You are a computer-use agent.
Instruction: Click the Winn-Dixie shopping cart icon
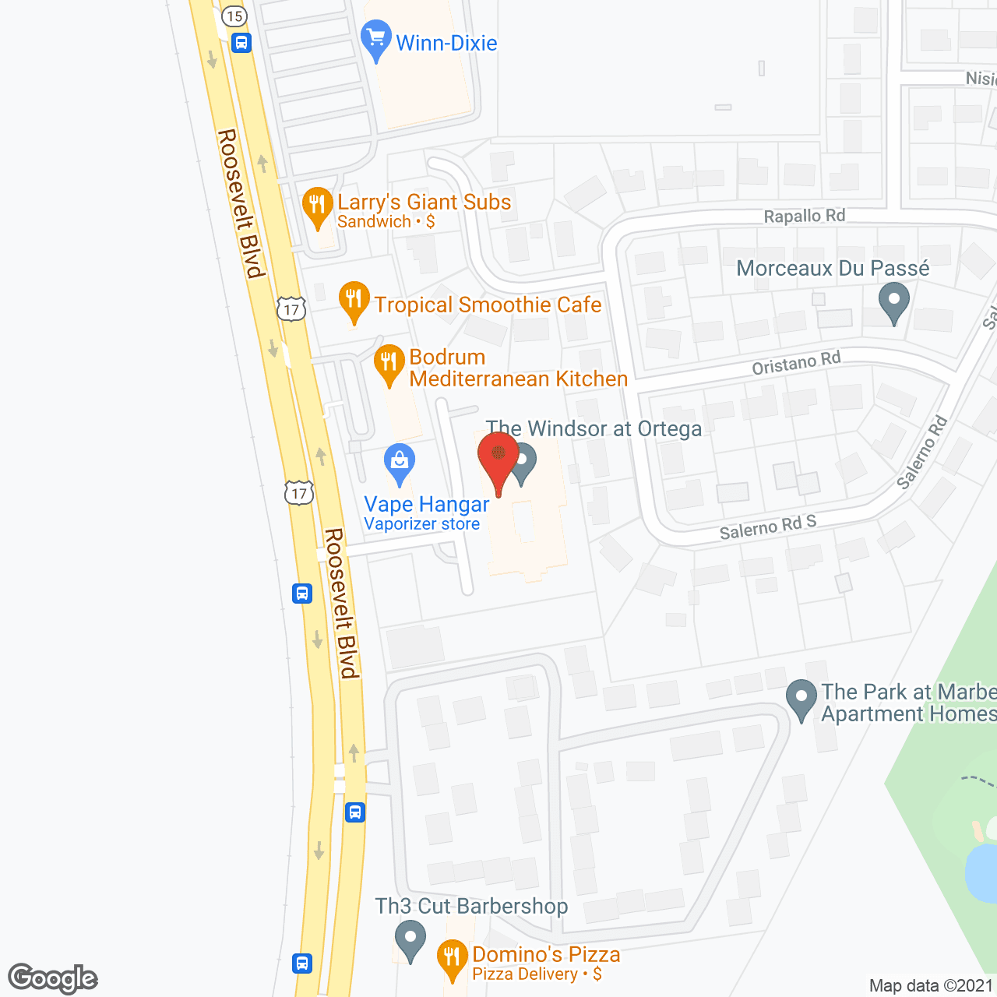pyautogui.click(x=376, y=38)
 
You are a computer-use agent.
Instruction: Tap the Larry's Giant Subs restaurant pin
pyautogui.click(x=317, y=206)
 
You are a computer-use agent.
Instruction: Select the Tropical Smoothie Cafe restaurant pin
pyautogui.click(x=354, y=300)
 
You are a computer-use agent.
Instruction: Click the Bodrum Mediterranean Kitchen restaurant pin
pyautogui.click(x=389, y=364)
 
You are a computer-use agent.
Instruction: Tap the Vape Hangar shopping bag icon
pyautogui.click(x=400, y=463)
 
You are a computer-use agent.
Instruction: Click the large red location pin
pyautogui.click(x=498, y=460)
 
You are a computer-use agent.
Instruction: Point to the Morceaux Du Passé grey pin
pyautogui.click(x=893, y=301)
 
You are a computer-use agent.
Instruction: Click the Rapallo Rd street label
pyautogui.click(x=804, y=216)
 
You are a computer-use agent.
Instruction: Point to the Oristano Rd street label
pyautogui.click(x=796, y=363)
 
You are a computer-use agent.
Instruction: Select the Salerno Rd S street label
pyautogui.click(x=767, y=527)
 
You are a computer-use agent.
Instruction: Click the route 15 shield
pyautogui.click(x=234, y=16)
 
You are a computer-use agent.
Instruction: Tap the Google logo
pyautogui.click(x=53, y=978)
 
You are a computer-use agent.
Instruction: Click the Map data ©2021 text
pyautogui.click(x=932, y=985)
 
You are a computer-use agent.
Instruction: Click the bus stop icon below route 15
pyautogui.click(x=241, y=43)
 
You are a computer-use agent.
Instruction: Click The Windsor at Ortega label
pyautogui.click(x=594, y=428)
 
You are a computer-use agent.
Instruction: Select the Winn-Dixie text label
pyautogui.click(x=446, y=43)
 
